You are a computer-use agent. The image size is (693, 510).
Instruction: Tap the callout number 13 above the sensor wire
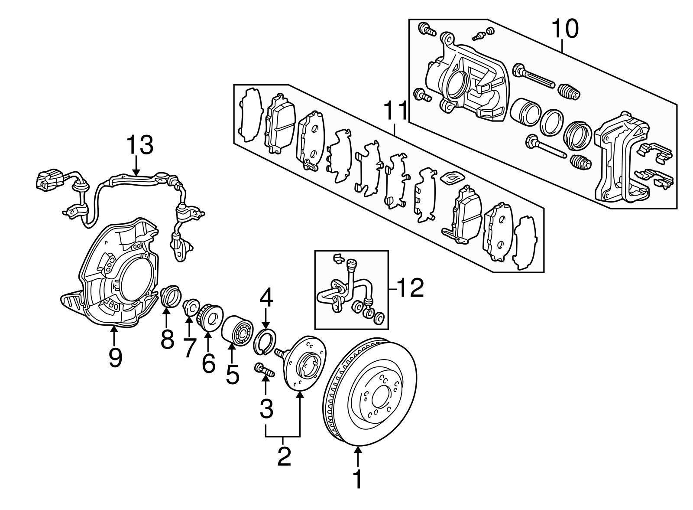coord(139,145)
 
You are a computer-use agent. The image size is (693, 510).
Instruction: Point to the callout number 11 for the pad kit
coord(395,111)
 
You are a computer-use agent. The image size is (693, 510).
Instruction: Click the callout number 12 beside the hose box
coord(410,289)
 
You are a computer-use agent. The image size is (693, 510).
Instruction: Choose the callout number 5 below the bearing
coord(232,374)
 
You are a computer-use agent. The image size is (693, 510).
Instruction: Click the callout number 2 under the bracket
coord(284,457)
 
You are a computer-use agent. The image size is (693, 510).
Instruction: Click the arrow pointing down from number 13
coord(136,167)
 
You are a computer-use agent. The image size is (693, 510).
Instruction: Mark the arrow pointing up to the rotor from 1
coord(358,458)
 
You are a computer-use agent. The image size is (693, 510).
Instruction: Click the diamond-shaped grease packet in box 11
coord(452,177)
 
